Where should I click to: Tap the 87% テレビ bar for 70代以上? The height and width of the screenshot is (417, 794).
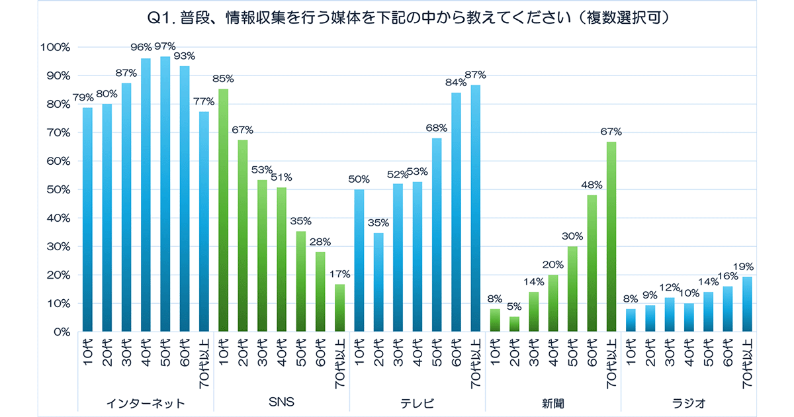pyautogui.click(x=476, y=208)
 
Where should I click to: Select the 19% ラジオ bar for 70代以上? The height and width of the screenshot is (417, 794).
pyautogui.click(x=746, y=304)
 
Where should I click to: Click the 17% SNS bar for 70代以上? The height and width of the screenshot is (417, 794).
pyautogui.click(x=340, y=308)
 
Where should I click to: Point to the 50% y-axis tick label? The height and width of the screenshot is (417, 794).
pyautogui.click(x=58, y=190)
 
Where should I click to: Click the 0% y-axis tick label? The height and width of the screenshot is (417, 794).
pyautogui.click(x=60, y=332)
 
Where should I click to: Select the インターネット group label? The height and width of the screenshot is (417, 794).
pyautogui.click(x=146, y=402)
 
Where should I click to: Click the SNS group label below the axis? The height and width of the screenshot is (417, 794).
pyautogui.click(x=281, y=402)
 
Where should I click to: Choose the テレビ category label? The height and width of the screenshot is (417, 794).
pyautogui.click(x=418, y=402)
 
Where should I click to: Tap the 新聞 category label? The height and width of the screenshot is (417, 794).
pyautogui.click(x=553, y=402)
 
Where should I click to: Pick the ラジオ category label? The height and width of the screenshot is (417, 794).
pyautogui.click(x=688, y=402)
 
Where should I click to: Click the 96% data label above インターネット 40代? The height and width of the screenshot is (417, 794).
pyautogui.click(x=146, y=47)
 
